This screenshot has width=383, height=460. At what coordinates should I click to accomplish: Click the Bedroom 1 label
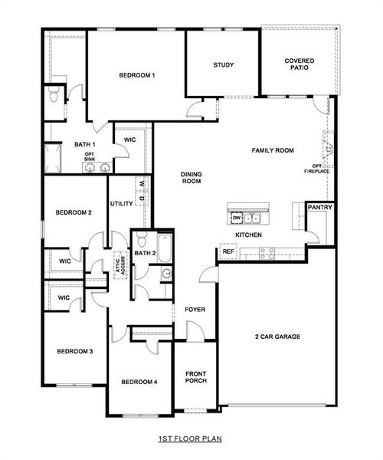(x=137, y=75)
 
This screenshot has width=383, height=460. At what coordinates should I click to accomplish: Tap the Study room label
(x=224, y=65)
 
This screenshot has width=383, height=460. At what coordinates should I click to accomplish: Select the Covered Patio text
(x=300, y=65)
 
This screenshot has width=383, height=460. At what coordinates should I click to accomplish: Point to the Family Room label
(x=273, y=151)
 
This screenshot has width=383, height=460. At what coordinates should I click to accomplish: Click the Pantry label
(x=319, y=208)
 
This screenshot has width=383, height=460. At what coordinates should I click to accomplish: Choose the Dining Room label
(x=191, y=178)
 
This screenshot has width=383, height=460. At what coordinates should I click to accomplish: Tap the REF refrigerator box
(x=228, y=251)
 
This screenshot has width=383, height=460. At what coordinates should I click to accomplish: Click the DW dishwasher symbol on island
(x=236, y=218)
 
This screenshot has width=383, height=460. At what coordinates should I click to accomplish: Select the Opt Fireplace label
(x=320, y=169)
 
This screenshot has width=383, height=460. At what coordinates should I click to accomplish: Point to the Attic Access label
(x=119, y=264)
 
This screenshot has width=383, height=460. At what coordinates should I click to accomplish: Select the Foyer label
(x=195, y=310)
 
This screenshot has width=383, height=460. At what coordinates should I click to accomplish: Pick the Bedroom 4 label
(x=139, y=382)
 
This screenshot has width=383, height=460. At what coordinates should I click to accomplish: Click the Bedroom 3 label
(x=75, y=351)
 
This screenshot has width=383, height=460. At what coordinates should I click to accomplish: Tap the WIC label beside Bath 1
(x=130, y=139)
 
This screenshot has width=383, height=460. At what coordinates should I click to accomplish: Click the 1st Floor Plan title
(x=190, y=439)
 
